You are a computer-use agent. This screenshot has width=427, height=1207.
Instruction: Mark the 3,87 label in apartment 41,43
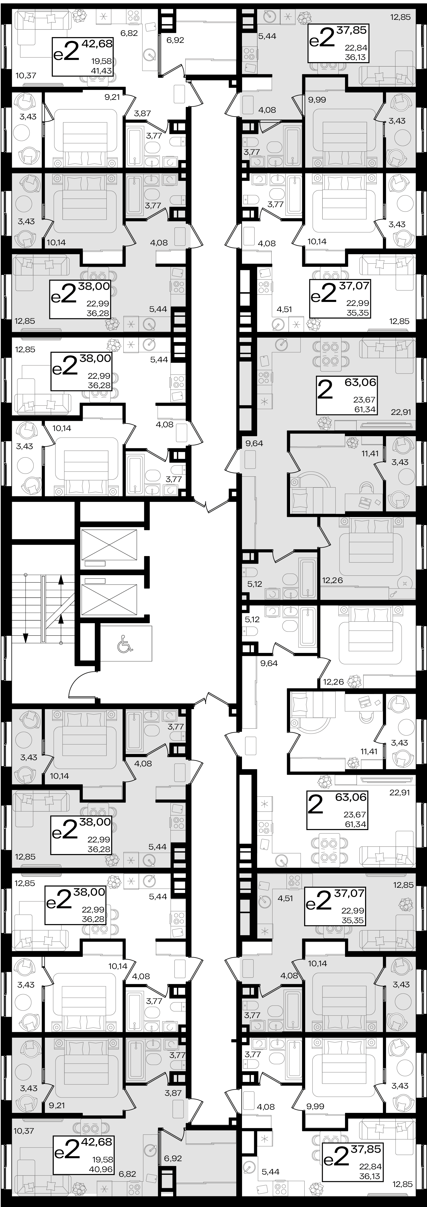(x=142, y=113)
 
